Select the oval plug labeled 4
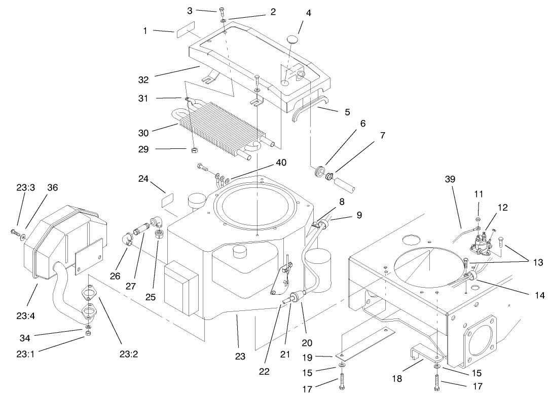click(293, 40)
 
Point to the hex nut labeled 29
click(194, 150)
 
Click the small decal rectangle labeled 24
click(168, 202)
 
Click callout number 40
click(281, 163)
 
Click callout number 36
click(53, 187)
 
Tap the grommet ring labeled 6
click(320, 171)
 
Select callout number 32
click(143, 79)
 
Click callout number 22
click(263, 371)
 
